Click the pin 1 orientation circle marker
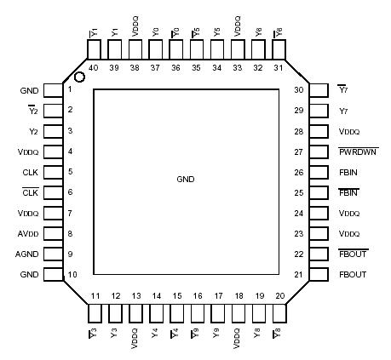click(79, 78)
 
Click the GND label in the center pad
click(185, 180)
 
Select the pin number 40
click(94, 67)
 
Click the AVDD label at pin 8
click(28, 234)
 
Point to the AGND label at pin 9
click(28, 254)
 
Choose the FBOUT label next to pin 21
click(352, 275)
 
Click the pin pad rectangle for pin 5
click(53, 172)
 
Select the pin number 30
click(299, 89)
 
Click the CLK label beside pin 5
click(29, 172)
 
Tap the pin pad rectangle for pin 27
click(319, 151)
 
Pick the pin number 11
click(94, 296)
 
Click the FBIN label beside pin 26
click(348, 172)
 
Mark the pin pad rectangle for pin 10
click(53, 275)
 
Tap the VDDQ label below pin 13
click(135, 335)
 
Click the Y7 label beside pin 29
click(343, 111)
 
